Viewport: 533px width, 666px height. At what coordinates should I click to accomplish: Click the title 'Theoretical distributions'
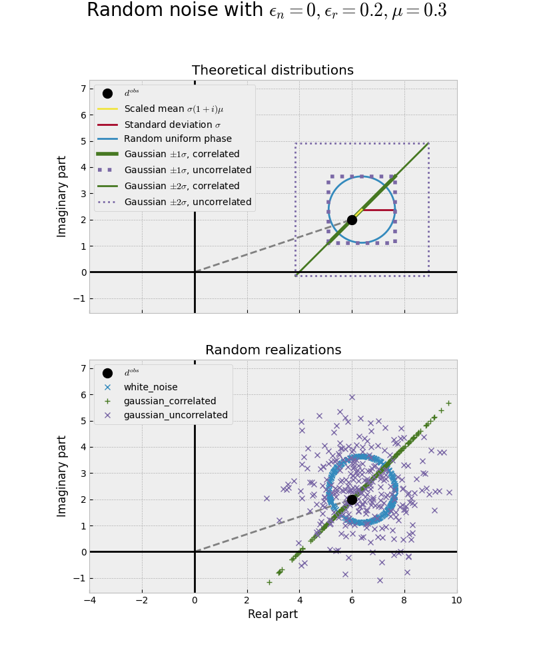pos(272,71)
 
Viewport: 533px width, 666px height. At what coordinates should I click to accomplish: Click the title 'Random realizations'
pos(273,350)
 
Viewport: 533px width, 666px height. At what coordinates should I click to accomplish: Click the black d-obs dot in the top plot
pos(352,220)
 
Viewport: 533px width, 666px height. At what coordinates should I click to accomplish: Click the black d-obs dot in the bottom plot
pos(352,499)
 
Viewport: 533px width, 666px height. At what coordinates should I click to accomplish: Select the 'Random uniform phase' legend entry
pos(177,139)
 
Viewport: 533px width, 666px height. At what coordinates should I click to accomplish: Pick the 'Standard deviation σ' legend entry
pos(172,125)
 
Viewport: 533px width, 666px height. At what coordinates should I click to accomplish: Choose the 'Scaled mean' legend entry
pos(173,109)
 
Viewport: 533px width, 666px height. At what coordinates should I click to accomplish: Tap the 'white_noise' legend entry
pos(151,387)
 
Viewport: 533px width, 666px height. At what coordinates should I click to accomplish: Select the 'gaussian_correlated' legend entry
pos(169,401)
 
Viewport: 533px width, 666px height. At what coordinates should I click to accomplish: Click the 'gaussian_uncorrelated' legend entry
pos(175,415)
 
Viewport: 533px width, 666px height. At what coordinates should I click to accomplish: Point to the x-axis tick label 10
pos(456,600)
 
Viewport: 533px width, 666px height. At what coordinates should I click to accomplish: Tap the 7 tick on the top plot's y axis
pos(83,89)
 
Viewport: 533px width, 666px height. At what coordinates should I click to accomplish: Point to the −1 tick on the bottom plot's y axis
pos(80,578)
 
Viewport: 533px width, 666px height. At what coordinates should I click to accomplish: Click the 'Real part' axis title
pos(272,614)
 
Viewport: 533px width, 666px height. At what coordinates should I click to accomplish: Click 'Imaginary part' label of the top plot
pos(63,196)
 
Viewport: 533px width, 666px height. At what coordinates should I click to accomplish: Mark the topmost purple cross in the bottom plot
pos(352,398)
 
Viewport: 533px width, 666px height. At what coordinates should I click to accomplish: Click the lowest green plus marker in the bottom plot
pos(269,582)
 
